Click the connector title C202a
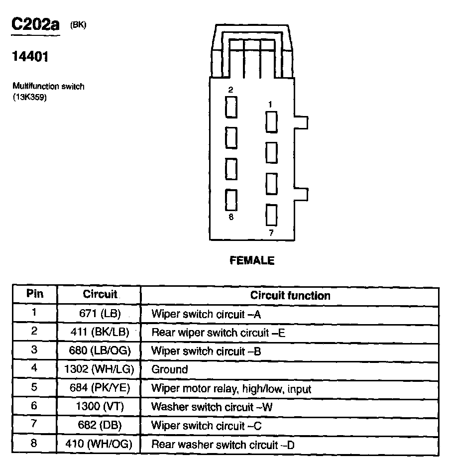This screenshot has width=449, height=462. (35, 25)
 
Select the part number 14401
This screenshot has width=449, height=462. (30, 57)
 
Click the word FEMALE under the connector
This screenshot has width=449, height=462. (252, 260)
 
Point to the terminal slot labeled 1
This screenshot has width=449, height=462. (271, 122)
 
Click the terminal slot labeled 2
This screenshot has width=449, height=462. (231, 107)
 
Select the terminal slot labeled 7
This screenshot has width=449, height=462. (271, 215)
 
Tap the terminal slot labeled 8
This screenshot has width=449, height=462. (231, 200)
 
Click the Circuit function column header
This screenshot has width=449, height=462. (290, 295)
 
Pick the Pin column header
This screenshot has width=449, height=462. (34, 294)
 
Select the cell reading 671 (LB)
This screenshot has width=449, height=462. (100, 314)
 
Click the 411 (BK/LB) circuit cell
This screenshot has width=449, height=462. (100, 333)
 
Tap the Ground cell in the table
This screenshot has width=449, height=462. (170, 369)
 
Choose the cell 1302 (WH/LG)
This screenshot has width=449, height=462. (100, 369)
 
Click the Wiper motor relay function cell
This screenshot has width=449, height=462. (231, 388)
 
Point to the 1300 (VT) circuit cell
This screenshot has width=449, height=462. (100, 407)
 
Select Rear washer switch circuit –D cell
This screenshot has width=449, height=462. (223, 444)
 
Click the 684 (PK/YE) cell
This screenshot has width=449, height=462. (100, 388)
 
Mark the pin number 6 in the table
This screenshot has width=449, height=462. (34, 406)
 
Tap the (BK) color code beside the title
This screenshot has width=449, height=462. (78, 26)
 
